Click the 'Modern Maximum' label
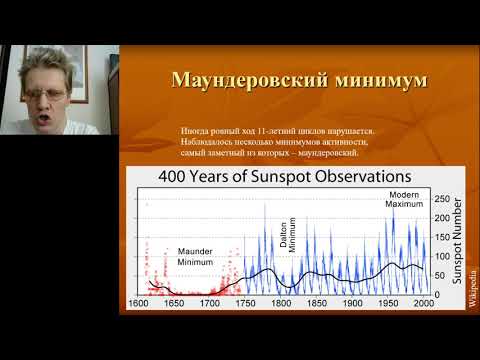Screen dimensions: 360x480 [404, 198]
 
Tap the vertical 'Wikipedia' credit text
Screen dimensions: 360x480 [471, 290]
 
